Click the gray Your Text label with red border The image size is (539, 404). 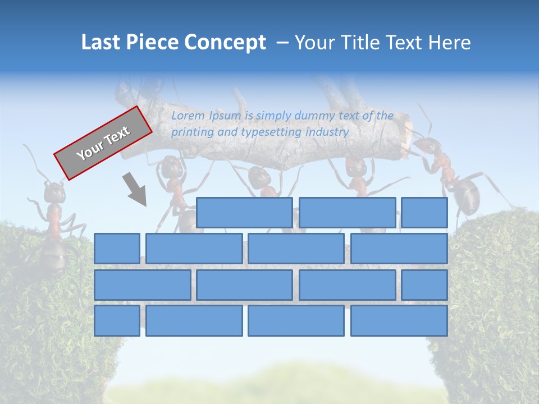[x=103, y=143]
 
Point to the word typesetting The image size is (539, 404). [x=271, y=132]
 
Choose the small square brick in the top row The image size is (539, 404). [x=424, y=212]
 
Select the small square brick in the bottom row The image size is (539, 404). [x=117, y=320]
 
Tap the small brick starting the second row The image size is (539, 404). [x=117, y=248]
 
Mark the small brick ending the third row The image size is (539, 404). [x=424, y=284]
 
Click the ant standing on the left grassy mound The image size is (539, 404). [x=53, y=219]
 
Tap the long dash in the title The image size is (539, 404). [x=284, y=43]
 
